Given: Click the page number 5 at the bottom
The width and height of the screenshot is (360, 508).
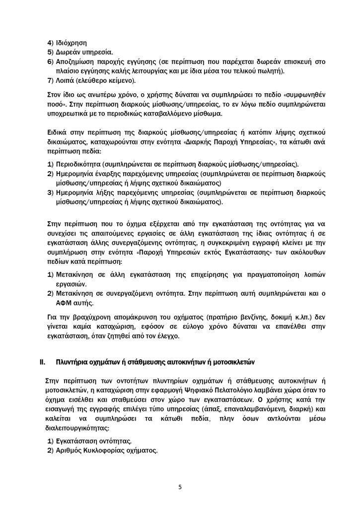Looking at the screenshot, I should point(180,487).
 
